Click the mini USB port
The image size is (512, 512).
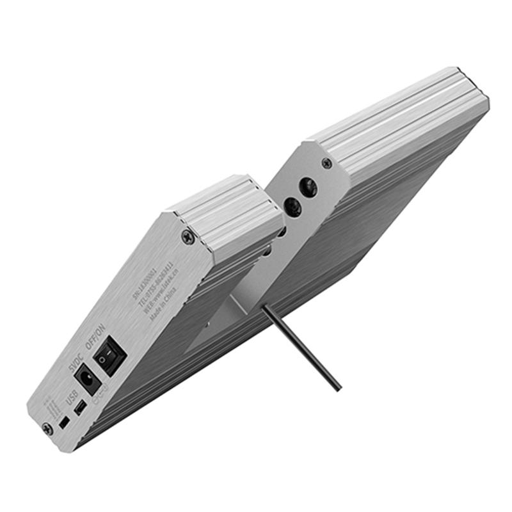point(79,408)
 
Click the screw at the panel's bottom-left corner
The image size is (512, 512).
point(47,429)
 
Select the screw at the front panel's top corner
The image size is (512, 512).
point(188,237)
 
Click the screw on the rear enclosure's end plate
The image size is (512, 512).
point(327,163)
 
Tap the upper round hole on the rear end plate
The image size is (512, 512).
point(309,186)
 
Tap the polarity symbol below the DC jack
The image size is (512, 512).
point(98,398)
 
